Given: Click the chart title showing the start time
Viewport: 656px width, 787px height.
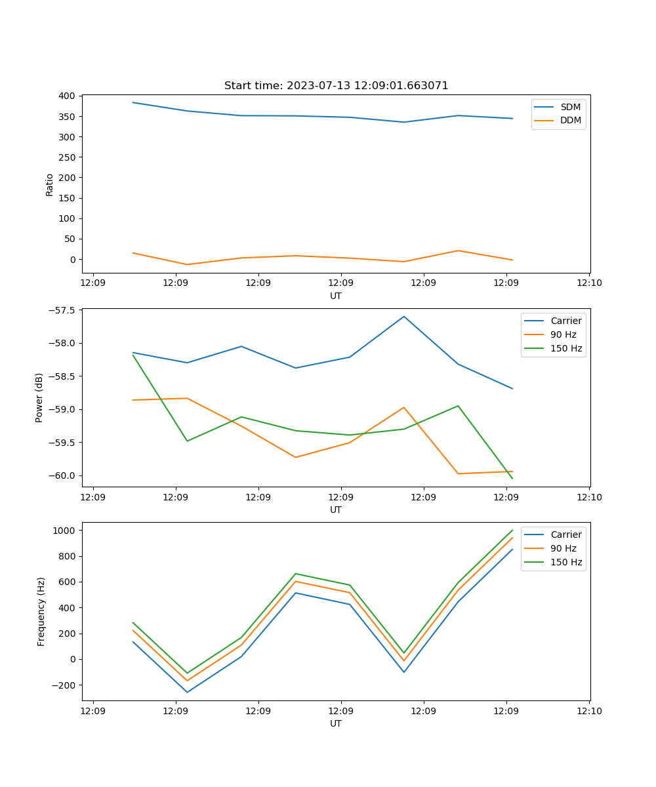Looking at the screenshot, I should click(x=336, y=86).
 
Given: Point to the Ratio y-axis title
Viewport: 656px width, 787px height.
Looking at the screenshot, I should click(x=50, y=184).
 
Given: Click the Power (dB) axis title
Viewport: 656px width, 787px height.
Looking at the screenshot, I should click(x=40, y=397).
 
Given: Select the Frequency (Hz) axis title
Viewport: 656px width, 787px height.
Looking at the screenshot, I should click(x=41, y=611).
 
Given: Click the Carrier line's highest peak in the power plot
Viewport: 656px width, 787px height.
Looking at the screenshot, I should click(x=404, y=316).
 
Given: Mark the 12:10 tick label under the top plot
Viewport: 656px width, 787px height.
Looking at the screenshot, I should click(x=589, y=284).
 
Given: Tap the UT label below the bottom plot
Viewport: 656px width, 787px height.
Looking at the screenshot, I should click(x=336, y=724).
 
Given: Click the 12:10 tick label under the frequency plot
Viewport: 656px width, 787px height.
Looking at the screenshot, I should click(x=589, y=712).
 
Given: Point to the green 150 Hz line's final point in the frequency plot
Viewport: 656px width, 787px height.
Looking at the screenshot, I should click(x=512, y=530).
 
